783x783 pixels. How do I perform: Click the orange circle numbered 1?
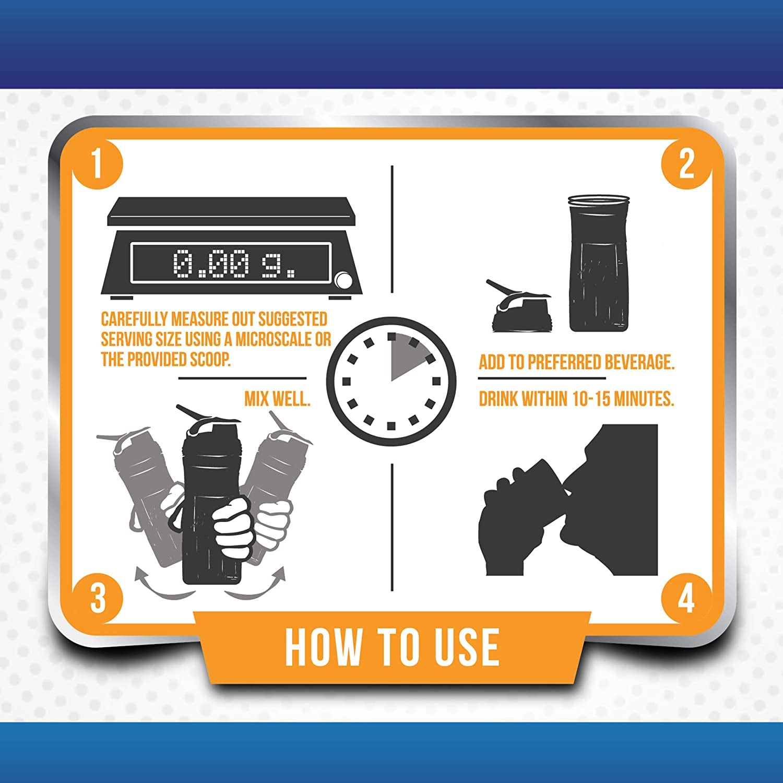click(98, 164)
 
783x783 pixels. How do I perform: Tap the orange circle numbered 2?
click(686, 164)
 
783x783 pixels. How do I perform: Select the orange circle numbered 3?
click(98, 597)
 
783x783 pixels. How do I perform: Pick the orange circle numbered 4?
click(686, 597)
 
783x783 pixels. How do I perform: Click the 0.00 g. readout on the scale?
click(234, 263)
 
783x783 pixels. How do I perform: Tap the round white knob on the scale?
click(344, 280)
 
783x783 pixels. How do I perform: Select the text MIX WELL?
click(277, 399)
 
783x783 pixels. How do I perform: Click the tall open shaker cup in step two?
click(598, 264)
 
